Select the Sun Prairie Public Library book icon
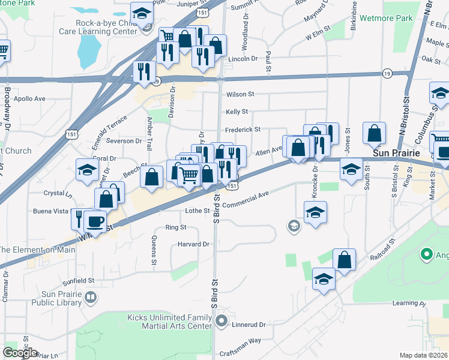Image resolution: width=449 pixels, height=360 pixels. [90, 296]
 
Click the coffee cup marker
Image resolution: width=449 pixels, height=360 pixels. [95, 221]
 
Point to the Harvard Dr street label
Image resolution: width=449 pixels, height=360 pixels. [193, 244]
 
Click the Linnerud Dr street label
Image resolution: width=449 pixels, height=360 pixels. [249, 325]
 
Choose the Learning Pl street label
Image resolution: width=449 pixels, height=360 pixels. [409, 304]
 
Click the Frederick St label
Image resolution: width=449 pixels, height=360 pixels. [243, 130]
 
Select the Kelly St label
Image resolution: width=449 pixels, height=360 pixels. [237, 112]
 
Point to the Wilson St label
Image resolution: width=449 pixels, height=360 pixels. [240, 94]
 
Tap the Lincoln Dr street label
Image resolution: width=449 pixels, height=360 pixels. [243, 59]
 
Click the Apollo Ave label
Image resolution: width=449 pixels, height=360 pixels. [29, 98]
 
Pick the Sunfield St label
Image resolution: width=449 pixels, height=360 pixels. [78, 280]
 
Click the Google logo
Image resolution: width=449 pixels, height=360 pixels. [20, 353]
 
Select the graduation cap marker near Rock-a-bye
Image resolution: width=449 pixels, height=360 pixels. [142, 13]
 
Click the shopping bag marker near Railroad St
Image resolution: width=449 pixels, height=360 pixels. [344, 259]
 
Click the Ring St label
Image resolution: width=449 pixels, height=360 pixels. [176, 227]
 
